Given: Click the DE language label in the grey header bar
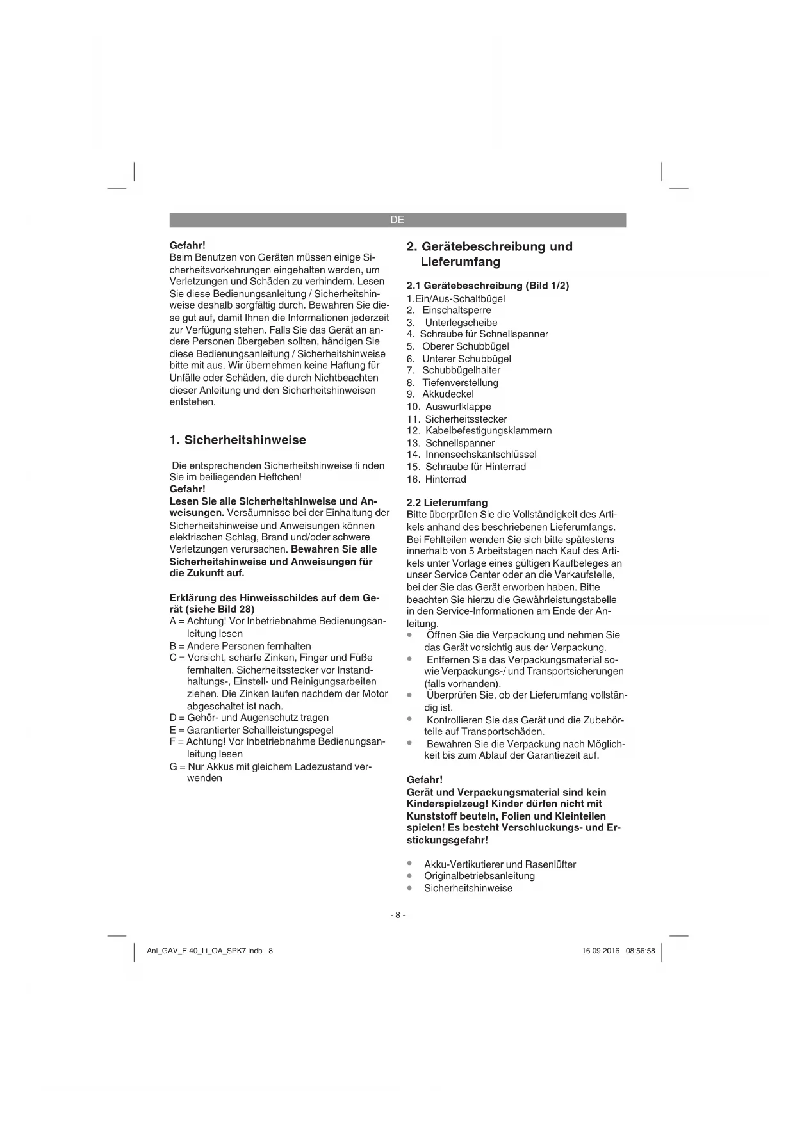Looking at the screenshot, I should (397, 220).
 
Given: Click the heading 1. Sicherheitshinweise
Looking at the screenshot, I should (238, 440).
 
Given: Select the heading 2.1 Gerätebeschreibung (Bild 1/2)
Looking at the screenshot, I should (488, 286).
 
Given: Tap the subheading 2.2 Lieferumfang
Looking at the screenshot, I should (447, 503).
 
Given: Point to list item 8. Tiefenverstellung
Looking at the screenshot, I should (452, 382).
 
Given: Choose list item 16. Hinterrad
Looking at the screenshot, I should (436, 479).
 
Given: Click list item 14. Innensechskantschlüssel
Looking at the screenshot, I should (471, 455).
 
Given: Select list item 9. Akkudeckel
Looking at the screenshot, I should (440, 394).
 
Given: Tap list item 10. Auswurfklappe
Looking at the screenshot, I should (448, 407).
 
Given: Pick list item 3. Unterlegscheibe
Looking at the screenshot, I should (452, 323).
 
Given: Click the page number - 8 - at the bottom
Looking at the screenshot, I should (397, 915).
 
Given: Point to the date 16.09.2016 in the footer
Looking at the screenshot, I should (600, 951).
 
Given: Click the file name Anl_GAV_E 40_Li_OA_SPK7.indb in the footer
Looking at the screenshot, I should (204, 951).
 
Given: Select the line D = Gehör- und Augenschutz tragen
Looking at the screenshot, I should (249, 718).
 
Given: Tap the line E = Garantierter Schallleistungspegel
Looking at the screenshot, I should (251, 730).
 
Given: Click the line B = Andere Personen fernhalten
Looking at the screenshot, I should (240, 646).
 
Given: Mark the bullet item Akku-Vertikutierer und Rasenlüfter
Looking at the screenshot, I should (500, 864).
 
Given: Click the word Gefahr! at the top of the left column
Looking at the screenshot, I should (187, 245).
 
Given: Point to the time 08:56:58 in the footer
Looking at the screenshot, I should (641, 951).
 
